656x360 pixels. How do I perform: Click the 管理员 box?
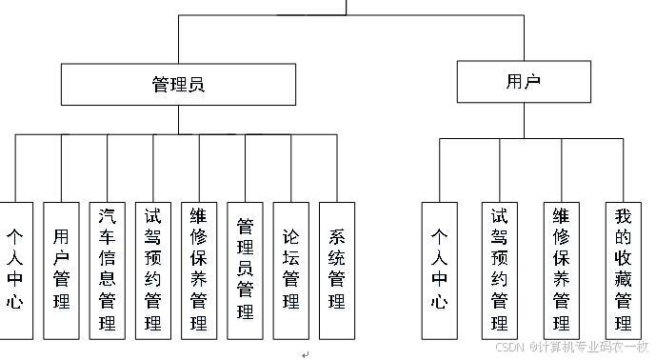[x=178, y=84]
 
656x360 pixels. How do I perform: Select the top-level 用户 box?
[x=523, y=81]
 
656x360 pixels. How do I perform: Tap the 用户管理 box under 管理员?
[x=62, y=270]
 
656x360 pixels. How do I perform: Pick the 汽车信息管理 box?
[x=107, y=270]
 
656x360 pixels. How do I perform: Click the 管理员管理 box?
[x=245, y=270]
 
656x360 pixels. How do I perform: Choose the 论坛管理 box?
[x=290, y=270]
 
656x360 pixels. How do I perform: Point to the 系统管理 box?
[x=336, y=270]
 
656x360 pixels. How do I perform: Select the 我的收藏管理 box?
[x=623, y=270]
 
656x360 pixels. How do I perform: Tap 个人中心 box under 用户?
[x=439, y=270]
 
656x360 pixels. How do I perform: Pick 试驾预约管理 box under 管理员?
[x=152, y=270]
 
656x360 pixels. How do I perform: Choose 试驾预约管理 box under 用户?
[x=499, y=270]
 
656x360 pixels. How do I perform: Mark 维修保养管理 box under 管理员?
[x=198, y=270]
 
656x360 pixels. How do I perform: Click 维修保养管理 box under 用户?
[x=561, y=270]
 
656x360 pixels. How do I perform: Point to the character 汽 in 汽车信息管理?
[x=107, y=214]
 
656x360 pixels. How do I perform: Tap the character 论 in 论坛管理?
[x=290, y=235]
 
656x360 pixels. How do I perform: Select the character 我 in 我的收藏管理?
[x=623, y=214]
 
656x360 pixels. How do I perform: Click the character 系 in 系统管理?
[x=336, y=235]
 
